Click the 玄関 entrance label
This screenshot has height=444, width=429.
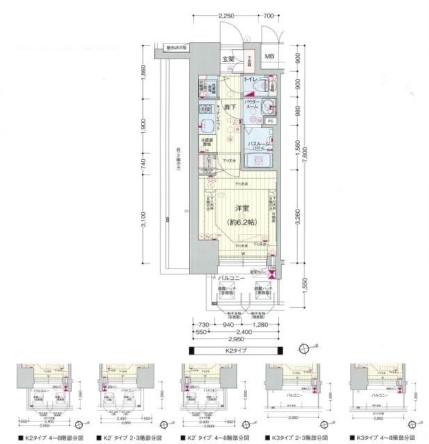click(x=228, y=59)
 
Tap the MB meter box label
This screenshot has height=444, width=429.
click(x=269, y=57)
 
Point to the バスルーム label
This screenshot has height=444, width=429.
click(x=259, y=142)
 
